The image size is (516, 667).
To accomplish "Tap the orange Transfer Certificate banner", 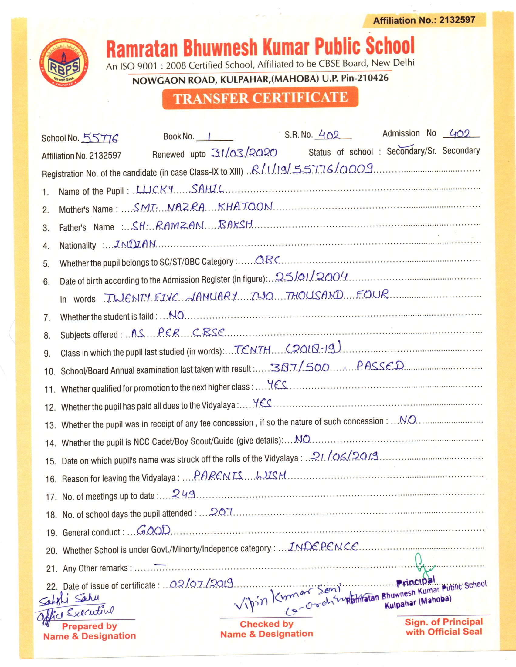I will click(x=260, y=98).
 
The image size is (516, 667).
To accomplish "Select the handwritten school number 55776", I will click(x=100, y=138).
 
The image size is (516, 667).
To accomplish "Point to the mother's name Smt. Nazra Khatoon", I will click(x=203, y=207).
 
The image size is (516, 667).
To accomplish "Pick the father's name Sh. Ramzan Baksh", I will click(x=192, y=225).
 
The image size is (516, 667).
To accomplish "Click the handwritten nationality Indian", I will click(x=135, y=244).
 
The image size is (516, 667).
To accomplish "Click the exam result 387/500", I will click(x=299, y=367).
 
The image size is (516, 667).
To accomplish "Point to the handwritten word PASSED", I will click(x=380, y=366).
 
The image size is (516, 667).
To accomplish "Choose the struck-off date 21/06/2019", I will click(x=345, y=456).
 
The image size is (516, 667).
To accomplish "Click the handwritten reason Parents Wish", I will click(x=240, y=475).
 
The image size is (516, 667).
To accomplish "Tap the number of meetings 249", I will click(x=183, y=494).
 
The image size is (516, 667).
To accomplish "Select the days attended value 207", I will click(x=221, y=511).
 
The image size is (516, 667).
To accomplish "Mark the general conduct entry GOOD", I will click(x=154, y=530).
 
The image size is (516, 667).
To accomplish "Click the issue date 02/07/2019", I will click(x=201, y=584).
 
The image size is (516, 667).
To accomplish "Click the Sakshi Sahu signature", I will click(x=69, y=600).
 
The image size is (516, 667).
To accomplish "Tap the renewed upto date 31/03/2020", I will click(x=244, y=153).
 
